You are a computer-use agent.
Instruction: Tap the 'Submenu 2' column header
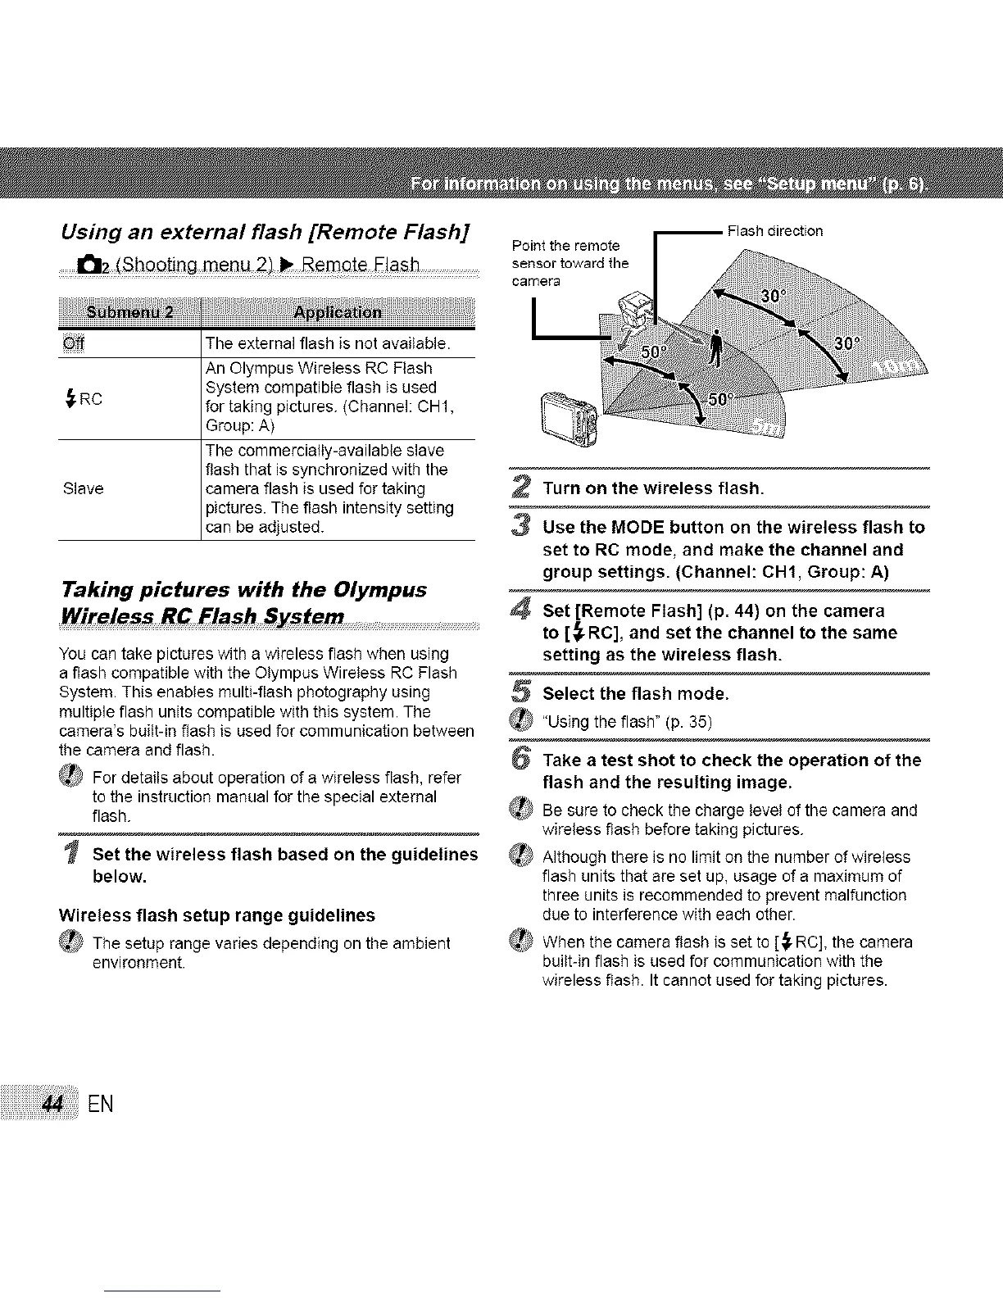point(129,312)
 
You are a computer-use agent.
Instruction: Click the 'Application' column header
point(337,312)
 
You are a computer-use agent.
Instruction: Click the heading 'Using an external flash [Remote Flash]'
point(264,234)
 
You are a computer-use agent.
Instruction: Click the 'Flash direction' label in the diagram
point(774,231)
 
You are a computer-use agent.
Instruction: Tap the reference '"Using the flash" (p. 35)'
point(627,722)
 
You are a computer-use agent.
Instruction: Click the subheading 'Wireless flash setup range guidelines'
point(217,914)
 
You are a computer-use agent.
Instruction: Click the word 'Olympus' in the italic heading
point(378,590)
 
